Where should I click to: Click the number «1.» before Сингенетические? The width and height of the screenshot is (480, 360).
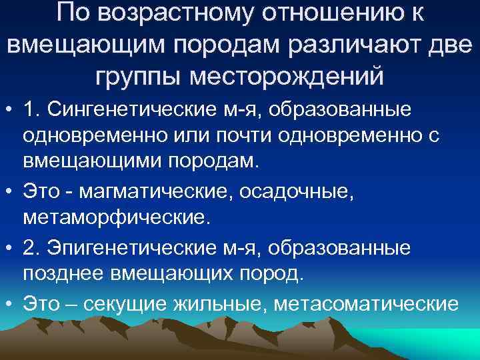[31, 109]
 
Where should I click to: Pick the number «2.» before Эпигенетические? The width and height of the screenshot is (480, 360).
[31, 247]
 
